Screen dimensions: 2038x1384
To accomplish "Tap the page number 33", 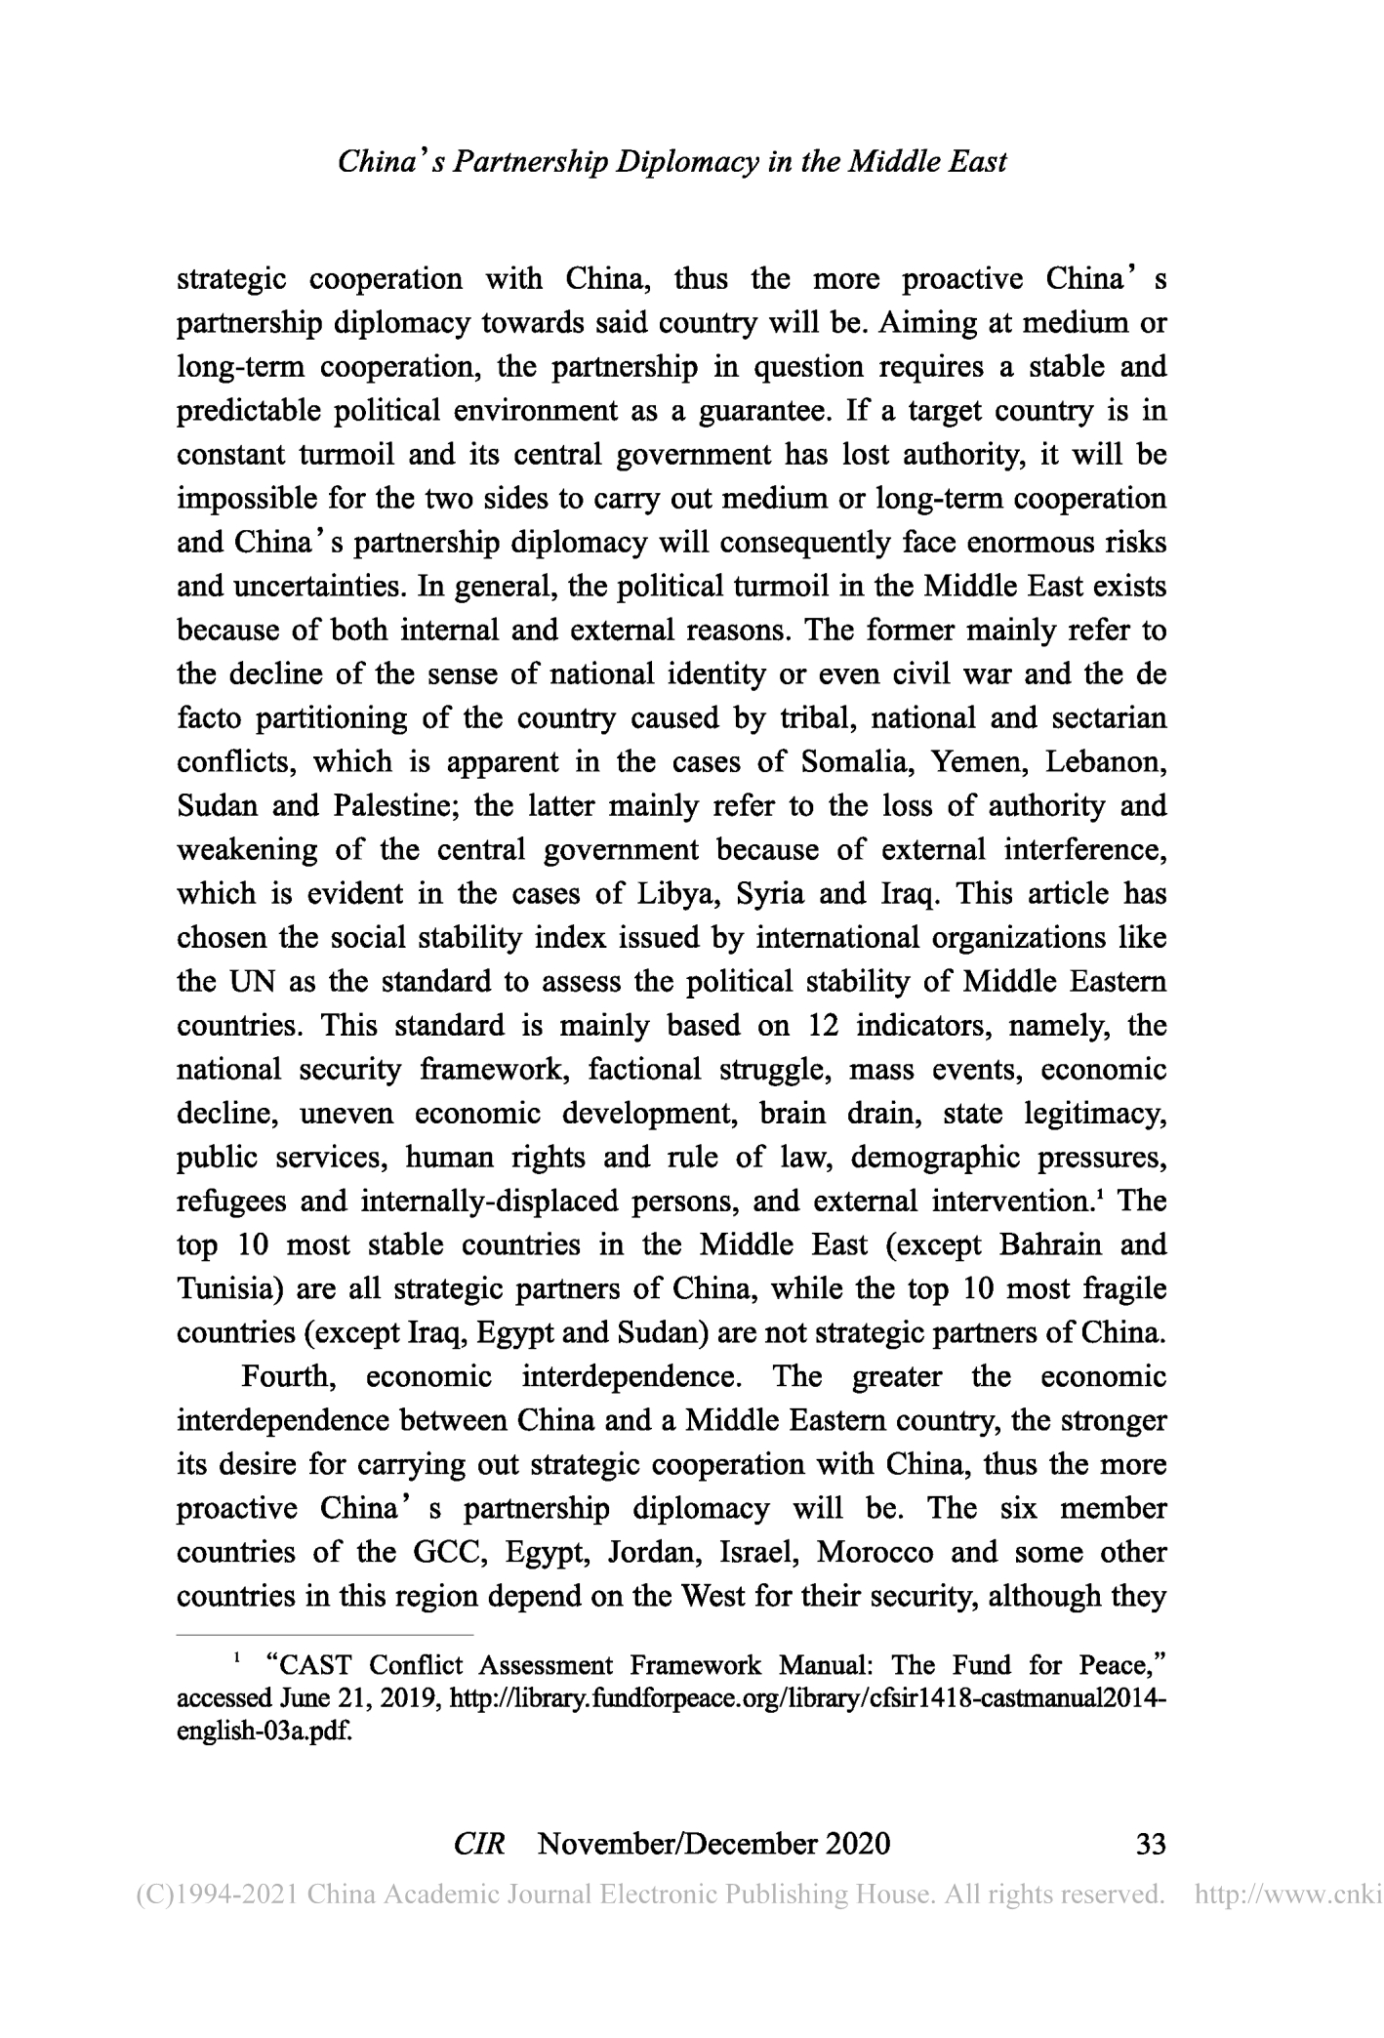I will tap(1151, 1844).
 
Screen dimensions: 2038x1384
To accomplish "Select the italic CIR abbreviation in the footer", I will tap(479, 1844).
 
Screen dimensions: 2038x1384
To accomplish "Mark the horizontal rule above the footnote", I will tap(324, 1634).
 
